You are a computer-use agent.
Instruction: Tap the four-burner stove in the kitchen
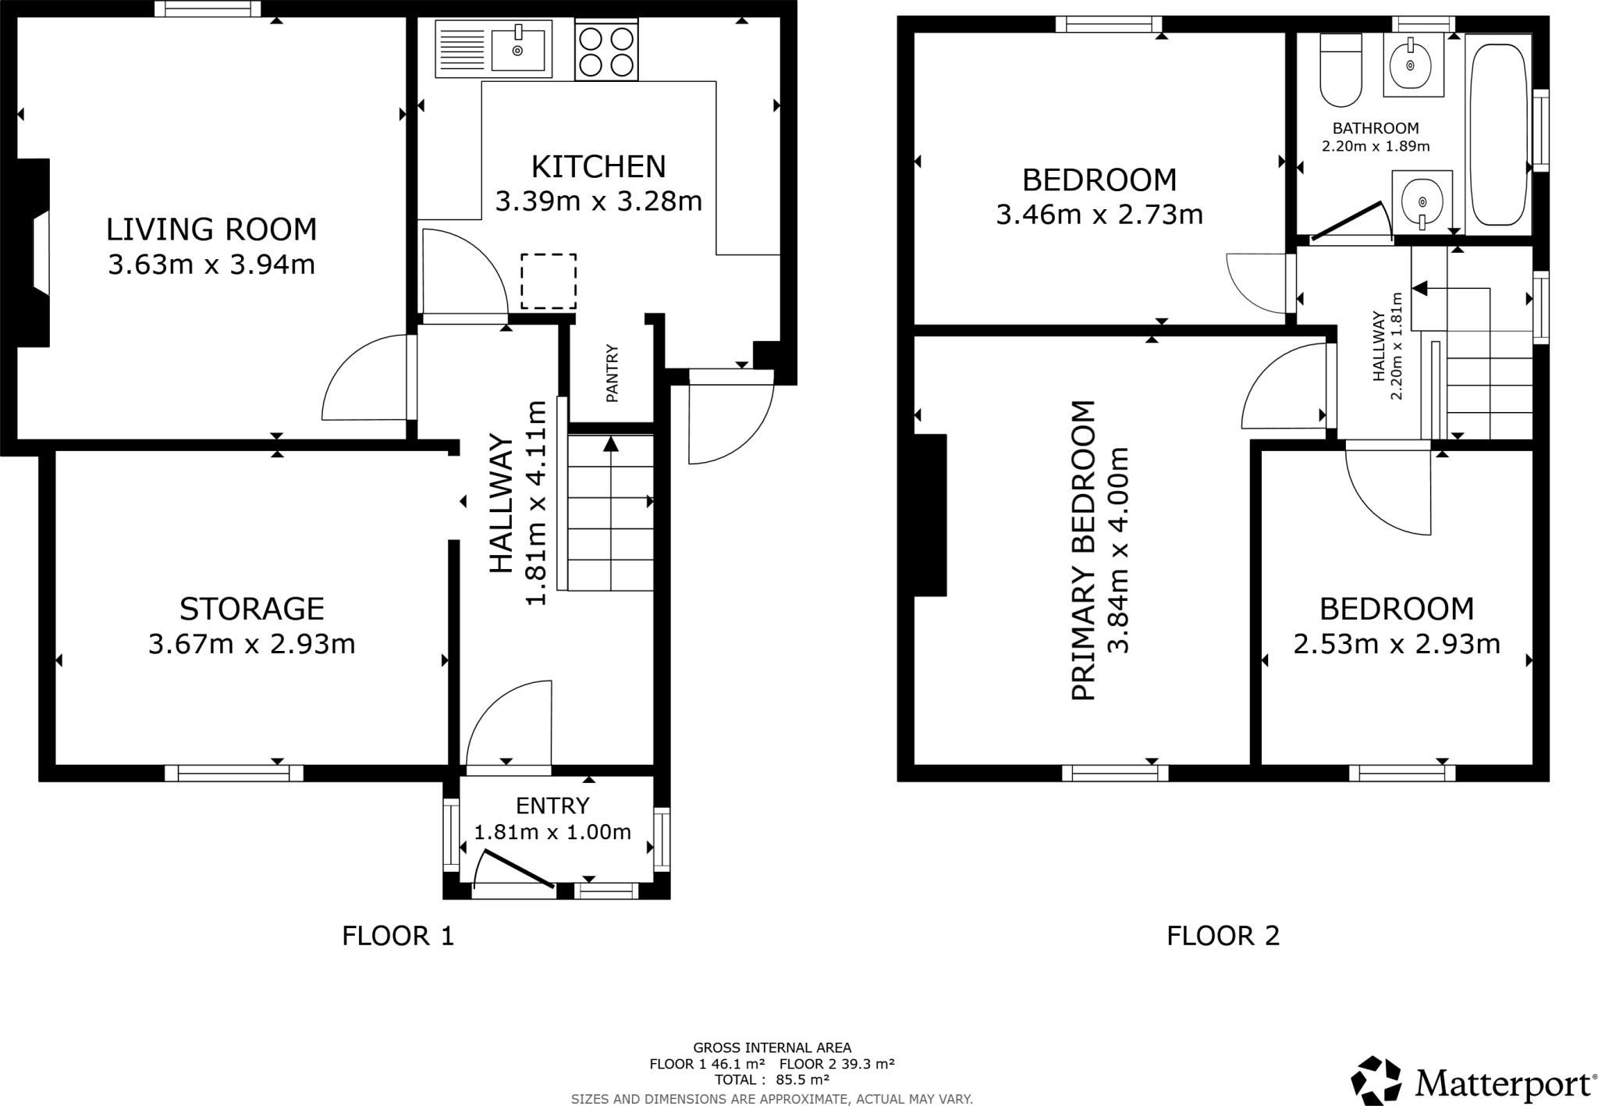606,50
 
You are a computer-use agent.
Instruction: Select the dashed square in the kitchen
549,281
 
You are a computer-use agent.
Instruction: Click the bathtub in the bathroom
1498,133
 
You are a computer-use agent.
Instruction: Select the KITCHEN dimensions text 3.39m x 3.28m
598,201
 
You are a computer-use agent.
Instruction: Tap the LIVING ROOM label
211,229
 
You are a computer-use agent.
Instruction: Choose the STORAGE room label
251,609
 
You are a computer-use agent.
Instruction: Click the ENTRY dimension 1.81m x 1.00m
552,832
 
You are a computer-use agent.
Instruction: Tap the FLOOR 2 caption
1223,935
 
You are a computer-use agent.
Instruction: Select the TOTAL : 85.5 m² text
772,1079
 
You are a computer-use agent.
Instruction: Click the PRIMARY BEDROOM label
1083,550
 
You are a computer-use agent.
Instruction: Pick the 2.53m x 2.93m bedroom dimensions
1397,644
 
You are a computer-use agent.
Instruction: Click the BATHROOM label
1375,128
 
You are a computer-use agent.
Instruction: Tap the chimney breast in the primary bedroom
930,515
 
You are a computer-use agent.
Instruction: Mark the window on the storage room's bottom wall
233,773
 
